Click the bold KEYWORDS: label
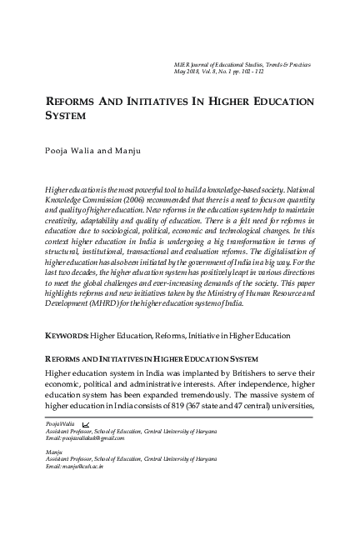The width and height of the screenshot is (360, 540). tap(67, 336)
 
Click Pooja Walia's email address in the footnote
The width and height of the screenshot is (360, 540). tap(82, 437)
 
